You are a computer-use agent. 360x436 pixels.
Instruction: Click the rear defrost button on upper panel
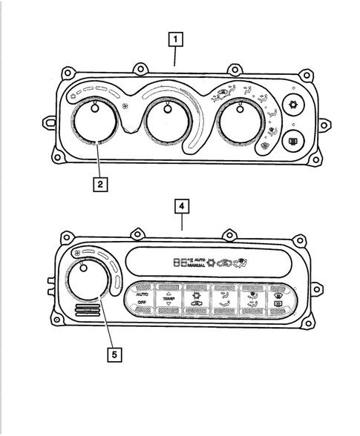(294, 142)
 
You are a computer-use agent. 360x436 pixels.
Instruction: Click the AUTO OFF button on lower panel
(143, 300)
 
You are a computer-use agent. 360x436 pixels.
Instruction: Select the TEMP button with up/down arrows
(171, 300)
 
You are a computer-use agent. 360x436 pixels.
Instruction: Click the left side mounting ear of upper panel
(48, 121)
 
